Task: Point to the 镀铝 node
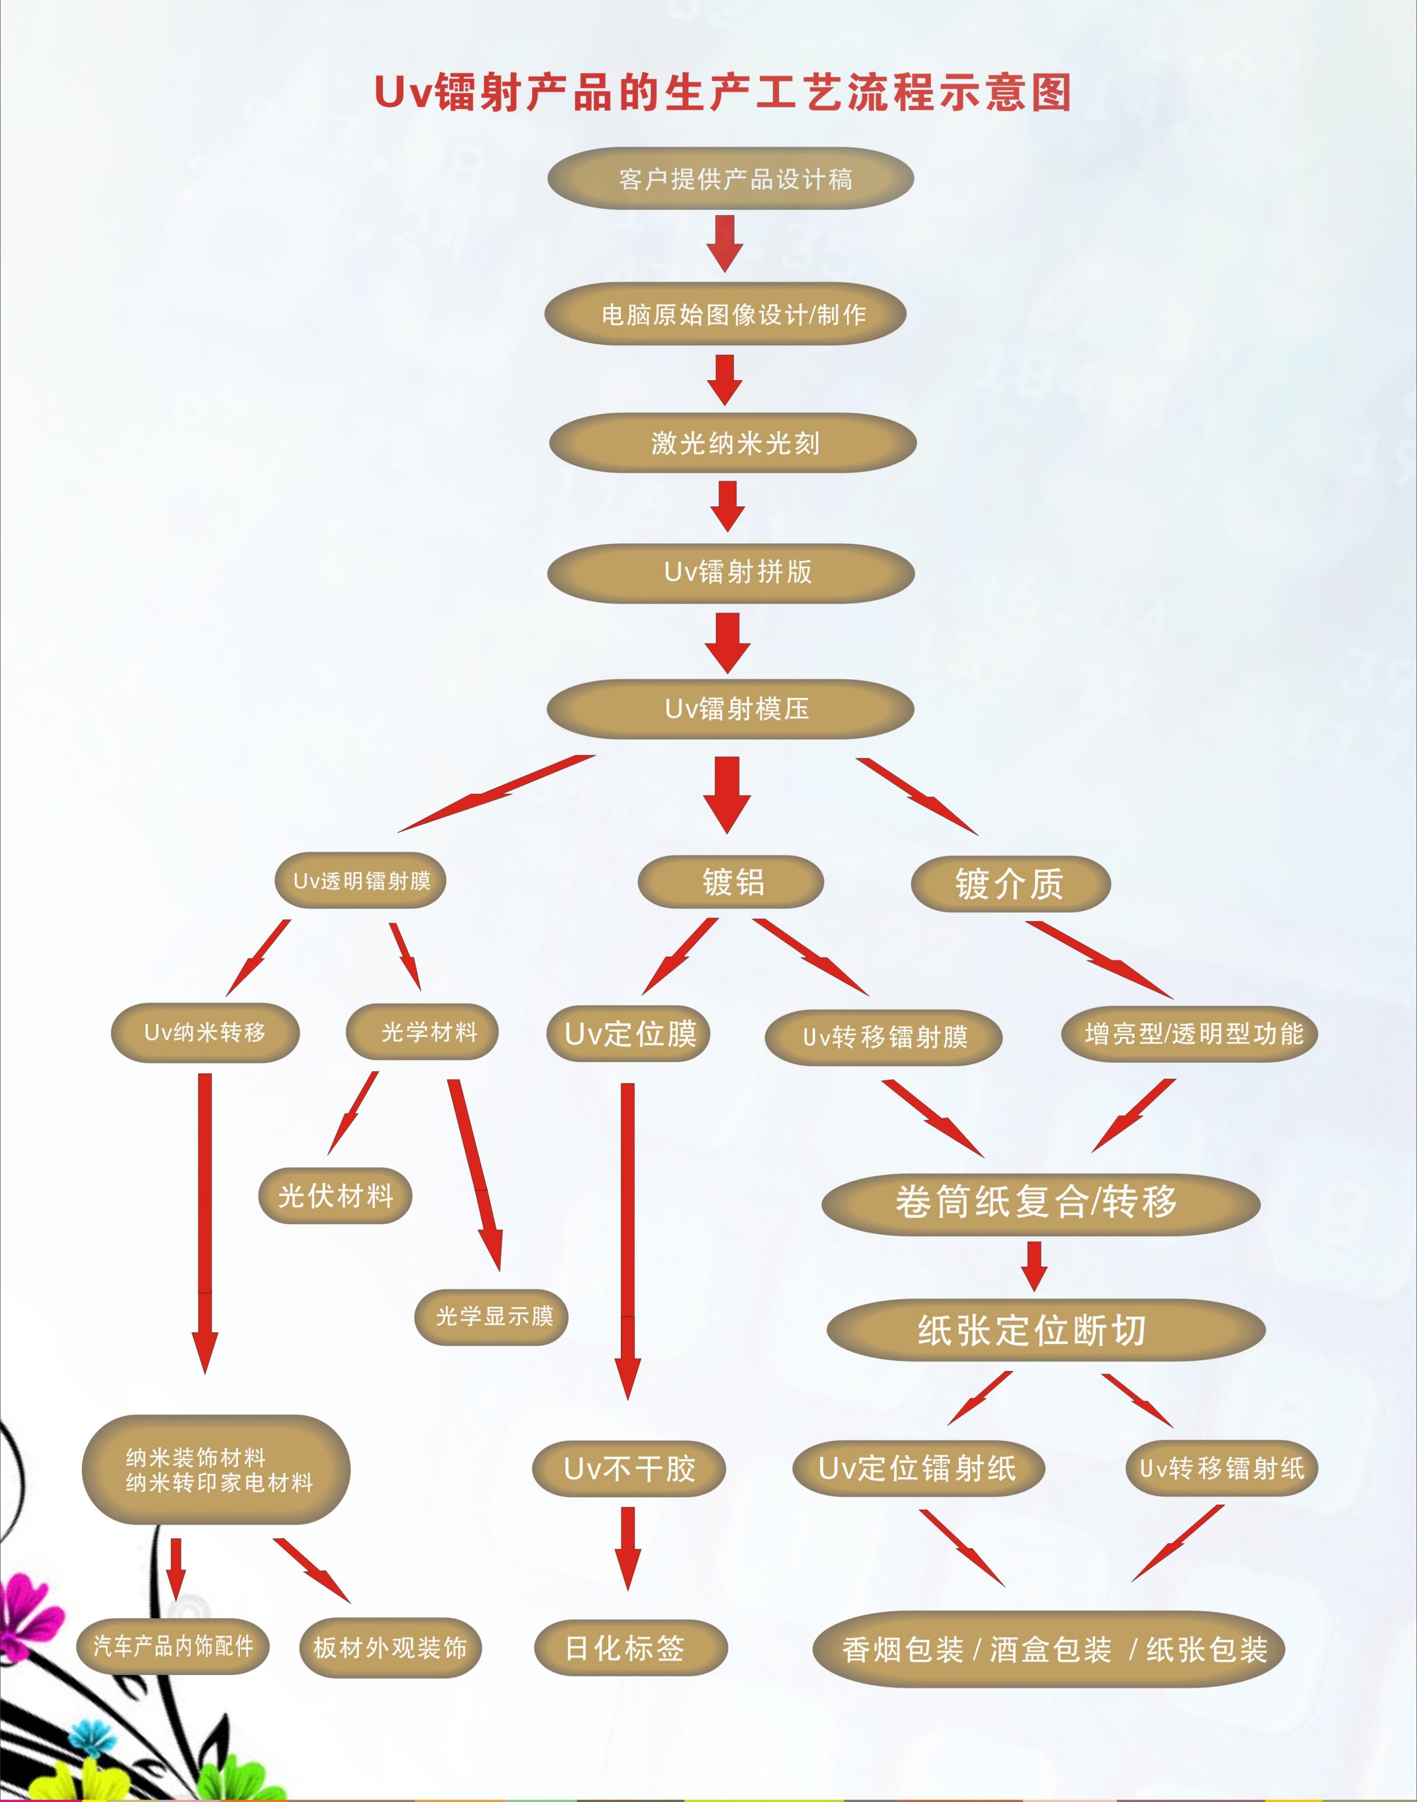tap(731, 881)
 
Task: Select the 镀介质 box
tap(1010, 884)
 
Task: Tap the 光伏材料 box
tap(335, 1196)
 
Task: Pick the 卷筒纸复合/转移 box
tap(1040, 1202)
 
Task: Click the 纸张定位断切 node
tap(1045, 1331)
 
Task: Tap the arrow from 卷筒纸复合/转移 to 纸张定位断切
tap(1034, 1266)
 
